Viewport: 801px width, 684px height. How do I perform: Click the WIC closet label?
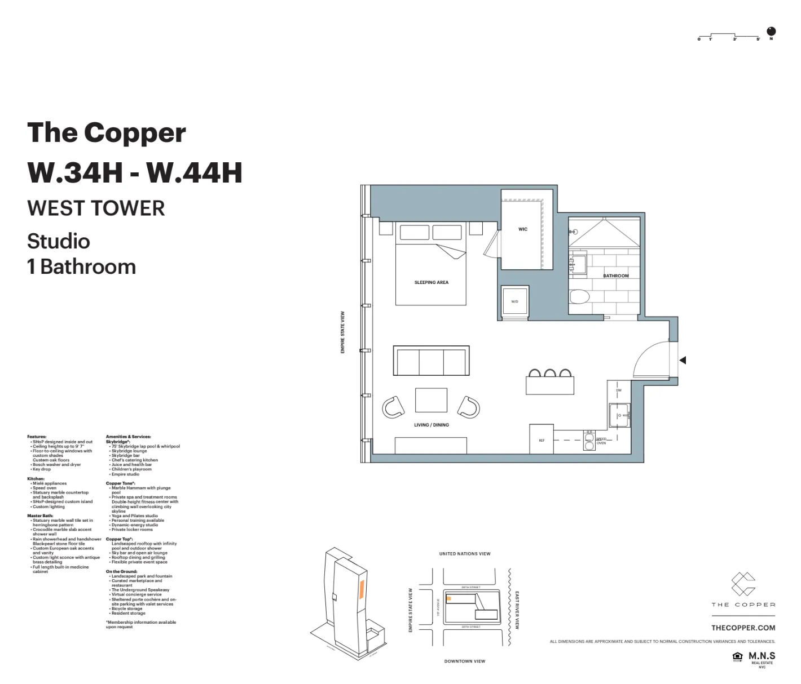(523, 229)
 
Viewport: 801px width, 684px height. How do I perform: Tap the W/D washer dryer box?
(515, 301)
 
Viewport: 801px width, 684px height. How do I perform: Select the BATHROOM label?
(615, 276)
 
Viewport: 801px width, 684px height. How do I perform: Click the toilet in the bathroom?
(579, 296)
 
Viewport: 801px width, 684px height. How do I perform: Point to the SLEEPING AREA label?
(432, 282)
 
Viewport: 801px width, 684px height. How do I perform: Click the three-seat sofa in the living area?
(432, 361)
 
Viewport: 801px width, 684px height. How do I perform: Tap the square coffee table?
(432, 400)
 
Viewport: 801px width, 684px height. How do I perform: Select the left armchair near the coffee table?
(393, 406)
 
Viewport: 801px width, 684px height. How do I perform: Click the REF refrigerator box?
(542, 439)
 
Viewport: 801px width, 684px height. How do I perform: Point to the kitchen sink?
(619, 416)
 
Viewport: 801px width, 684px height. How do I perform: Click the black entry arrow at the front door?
(683, 360)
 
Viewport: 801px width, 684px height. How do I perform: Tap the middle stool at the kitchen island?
(550, 373)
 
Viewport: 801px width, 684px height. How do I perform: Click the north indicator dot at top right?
(771, 32)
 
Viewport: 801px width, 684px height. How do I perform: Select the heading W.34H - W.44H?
(135, 172)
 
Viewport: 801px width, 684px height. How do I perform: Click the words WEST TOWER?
(96, 208)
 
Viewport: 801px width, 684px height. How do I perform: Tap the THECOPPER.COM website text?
(743, 628)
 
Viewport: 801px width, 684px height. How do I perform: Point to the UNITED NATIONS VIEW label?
(465, 554)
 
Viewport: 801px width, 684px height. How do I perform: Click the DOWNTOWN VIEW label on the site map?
(465, 661)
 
